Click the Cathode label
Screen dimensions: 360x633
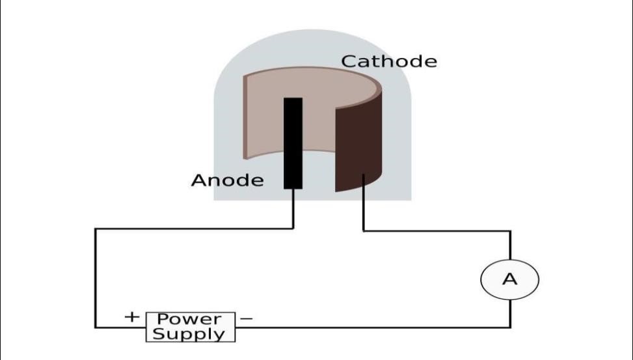(x=389, y=62)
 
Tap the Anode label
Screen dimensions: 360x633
(x=227, y=180)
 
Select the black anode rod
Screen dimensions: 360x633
(x=293, y=143)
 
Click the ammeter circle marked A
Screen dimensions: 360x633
(x=509, y=279)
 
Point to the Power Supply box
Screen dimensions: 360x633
(x=190, y=327)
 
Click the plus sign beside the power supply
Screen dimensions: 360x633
(x=132, y=317)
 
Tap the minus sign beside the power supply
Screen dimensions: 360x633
(x=247, y=319)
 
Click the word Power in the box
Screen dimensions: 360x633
(x=189, y=320)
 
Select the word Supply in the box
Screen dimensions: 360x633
(x=189, y=335)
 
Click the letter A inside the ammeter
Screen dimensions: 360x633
(x=509, y=279)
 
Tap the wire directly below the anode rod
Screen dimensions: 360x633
(x=293, y=208)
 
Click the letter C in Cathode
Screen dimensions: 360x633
(x=349, y=62)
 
